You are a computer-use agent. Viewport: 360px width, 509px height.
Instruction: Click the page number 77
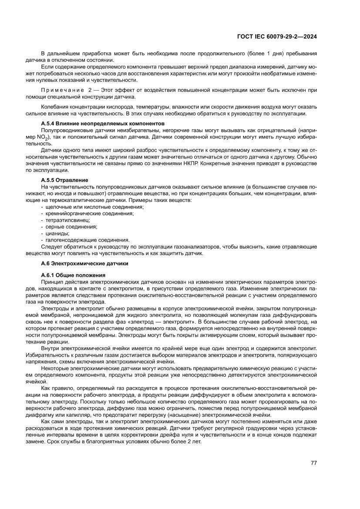click(313, 463)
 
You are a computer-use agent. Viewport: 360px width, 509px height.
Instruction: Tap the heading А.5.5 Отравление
click(64, 180)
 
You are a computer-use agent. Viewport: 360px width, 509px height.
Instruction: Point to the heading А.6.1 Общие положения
click(73, 275)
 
